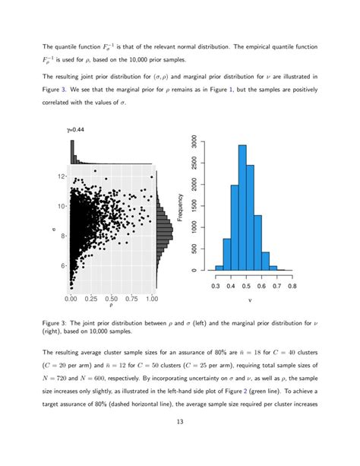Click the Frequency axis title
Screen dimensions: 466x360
pos(180,206)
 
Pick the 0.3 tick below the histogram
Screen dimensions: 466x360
pos(217,286)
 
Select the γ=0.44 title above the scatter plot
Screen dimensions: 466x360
pos(77,130)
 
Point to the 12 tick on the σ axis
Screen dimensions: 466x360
pos(63,176)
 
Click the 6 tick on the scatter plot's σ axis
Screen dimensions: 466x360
pos(65,266)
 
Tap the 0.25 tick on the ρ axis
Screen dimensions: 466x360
pos(91,300)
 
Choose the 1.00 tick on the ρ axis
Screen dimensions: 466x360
pos(152,300)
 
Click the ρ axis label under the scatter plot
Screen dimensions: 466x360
pos(112,309)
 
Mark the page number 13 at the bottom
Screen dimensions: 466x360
pos(180,442)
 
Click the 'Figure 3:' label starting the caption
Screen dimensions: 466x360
pos(58,322)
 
